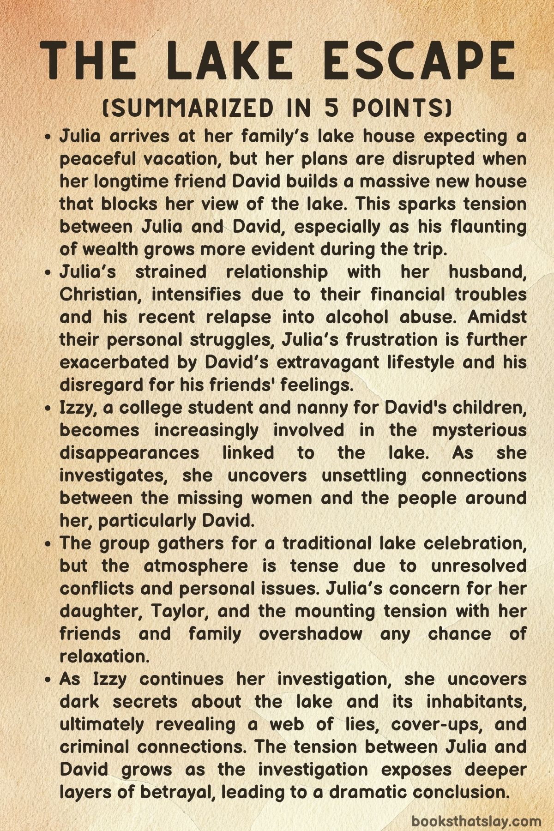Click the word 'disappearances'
pos(129,453)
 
